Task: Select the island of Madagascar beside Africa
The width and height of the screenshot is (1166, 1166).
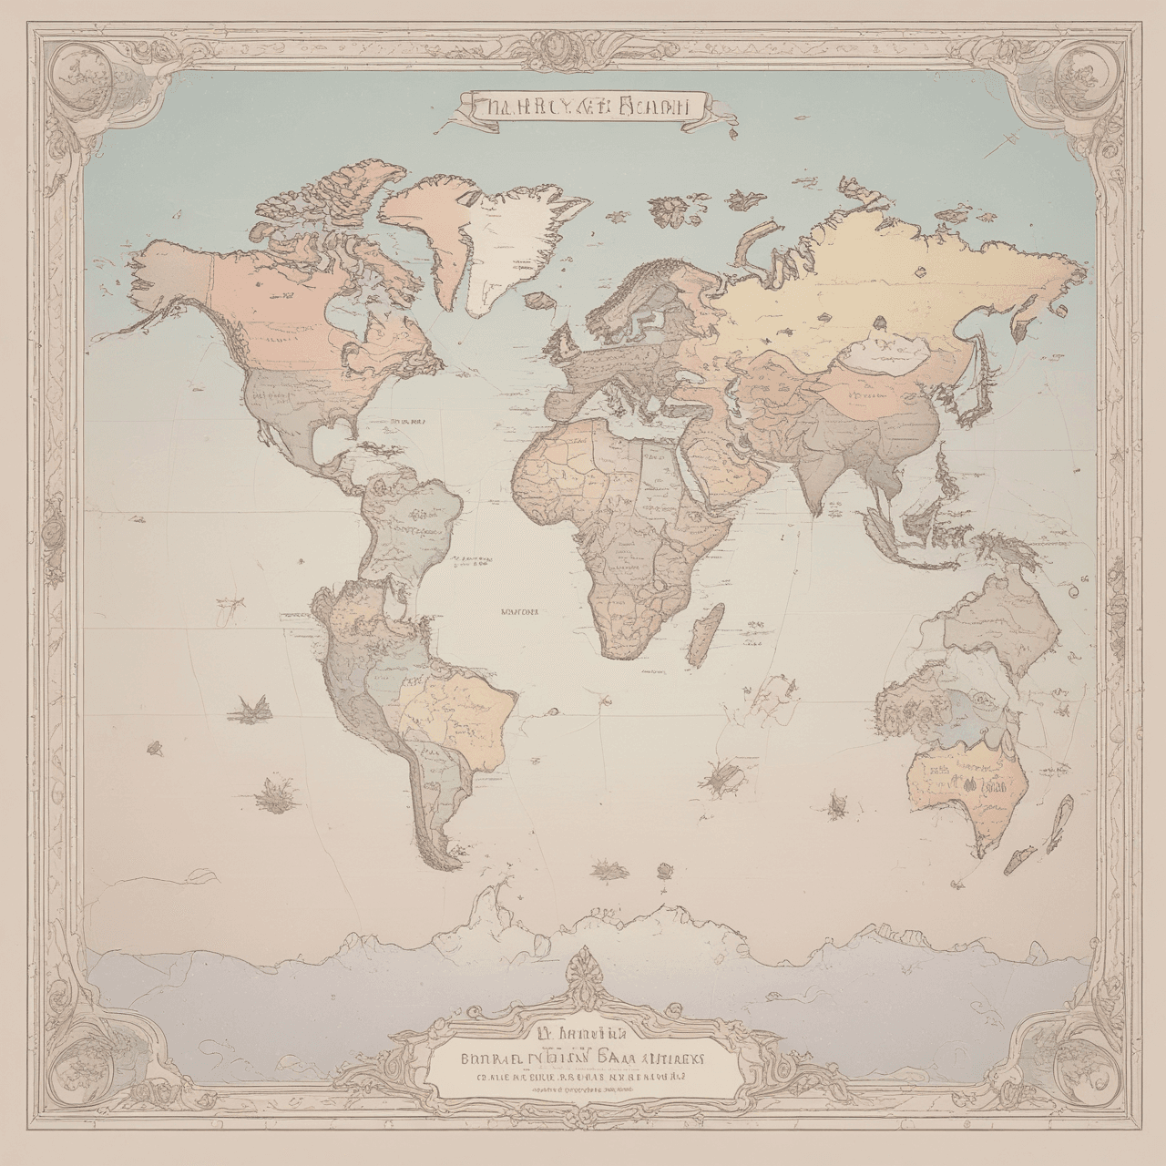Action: (x=702, y=637)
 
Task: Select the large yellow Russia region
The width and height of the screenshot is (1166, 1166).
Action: (x=865, y=282)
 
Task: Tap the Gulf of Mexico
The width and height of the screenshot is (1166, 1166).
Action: (x=332, y=446)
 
